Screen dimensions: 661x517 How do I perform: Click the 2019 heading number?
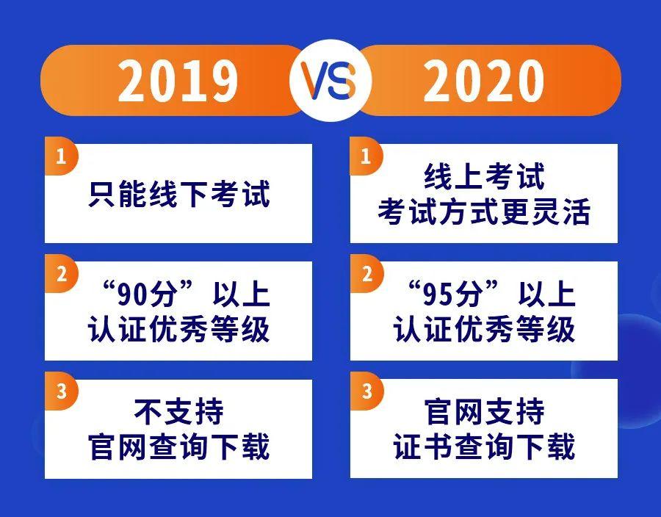pos(178,81)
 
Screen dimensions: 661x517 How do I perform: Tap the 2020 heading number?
pos(483,81)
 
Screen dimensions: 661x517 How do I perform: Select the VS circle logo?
pos(330,80)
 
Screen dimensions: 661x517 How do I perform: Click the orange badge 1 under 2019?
pos(62,156)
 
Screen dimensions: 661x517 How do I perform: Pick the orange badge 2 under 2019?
pos(62,274)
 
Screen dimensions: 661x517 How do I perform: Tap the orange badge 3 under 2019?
pos(62,391)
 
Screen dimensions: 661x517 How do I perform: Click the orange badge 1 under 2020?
pos(366,156)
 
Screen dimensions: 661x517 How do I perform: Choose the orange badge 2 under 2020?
pos(366,274)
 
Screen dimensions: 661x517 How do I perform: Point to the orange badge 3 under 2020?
pos(366,391)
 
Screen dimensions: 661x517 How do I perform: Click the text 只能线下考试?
pos(178,194)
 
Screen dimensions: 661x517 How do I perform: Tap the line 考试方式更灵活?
pos(484,211)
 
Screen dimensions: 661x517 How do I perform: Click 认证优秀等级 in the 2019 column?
pos(178,329)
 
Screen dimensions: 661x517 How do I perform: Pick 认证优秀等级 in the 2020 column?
pos(484,329)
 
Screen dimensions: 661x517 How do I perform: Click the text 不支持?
pos(178,412)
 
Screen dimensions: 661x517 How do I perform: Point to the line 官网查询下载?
pos(178,446)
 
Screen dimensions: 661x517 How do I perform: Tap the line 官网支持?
pos(484,412)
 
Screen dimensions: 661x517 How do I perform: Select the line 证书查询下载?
pos(484,446)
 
